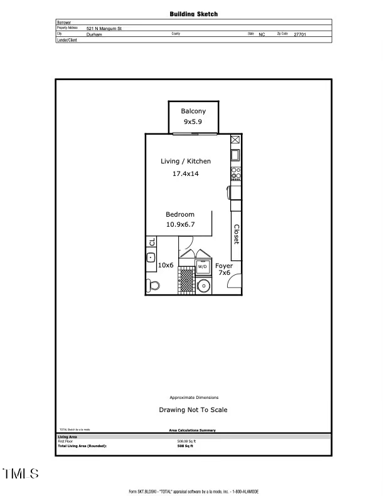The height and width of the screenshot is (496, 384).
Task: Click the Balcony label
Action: coord(193,111)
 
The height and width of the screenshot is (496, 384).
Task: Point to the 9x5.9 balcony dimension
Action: coord(193,123)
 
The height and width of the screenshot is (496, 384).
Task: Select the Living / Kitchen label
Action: coord(186,162)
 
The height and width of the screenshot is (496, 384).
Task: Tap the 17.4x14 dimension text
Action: coord(186,174)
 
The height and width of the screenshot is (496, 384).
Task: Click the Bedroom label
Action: coord(180,214)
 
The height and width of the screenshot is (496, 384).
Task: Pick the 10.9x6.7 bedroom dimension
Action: coord(180,224)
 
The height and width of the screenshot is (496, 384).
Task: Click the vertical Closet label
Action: coord(237,235)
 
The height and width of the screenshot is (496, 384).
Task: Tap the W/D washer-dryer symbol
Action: coord(203,266)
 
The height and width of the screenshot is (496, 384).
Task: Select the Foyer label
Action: coord(224,266)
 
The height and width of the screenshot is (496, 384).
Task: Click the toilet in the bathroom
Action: coord(152,286)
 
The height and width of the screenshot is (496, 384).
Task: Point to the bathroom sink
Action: coord(151,257)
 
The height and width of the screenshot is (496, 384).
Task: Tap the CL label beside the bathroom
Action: coord(152,242)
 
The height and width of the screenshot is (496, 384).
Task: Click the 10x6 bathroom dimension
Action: coord(166,266)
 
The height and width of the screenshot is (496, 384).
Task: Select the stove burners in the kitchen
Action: coord(235,172)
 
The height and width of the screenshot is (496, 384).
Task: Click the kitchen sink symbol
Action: coord(235,155)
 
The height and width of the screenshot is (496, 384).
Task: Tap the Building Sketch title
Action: coord(193,13)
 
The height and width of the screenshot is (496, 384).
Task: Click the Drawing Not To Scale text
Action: coord(193,410)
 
